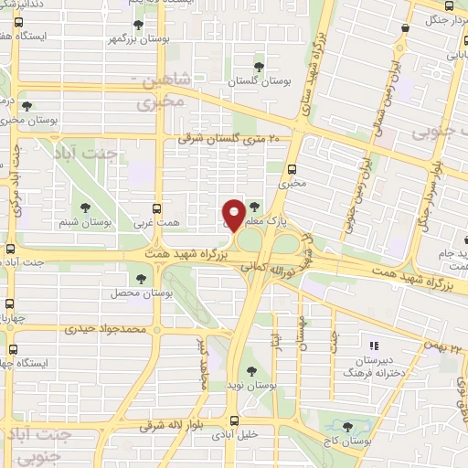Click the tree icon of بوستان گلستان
[x=260, y=66]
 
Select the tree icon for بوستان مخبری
[x=26, y=106]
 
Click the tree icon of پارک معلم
[x=253, y=207]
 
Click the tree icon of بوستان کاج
[x=346, y=426]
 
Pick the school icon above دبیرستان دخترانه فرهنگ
[x=372, y=346]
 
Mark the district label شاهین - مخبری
[x=173, y=94]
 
